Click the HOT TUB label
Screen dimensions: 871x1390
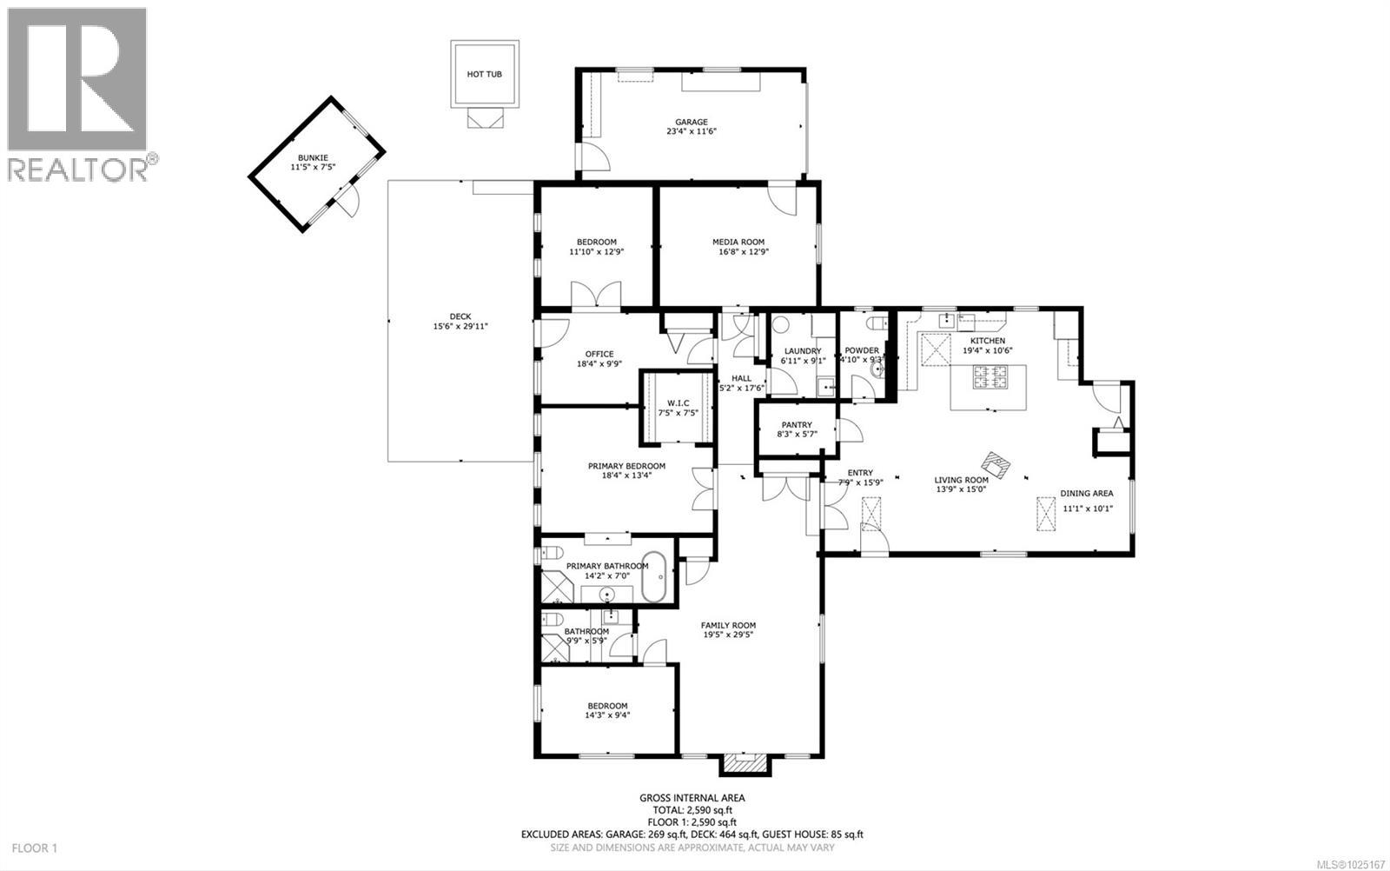pyautogui.click(x=484, y=75)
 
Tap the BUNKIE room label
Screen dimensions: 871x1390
pyautogui.click(x=313, y=157)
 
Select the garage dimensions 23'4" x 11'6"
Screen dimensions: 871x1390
pyautogui.click(x=692, y=132)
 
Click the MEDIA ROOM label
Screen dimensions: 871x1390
pyautogui.click(x=738, y=242)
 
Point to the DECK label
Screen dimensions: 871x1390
pyautogui.click(x=460, y=316)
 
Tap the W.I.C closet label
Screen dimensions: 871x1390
pyautogui.click(x=678, y=402)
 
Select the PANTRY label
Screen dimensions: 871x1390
pyautogui.click(x=796, y=425)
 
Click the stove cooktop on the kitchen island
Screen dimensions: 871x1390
pyautogui.click(x=990, y=377)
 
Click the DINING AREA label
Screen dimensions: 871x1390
pyautogui.click(x=1086, y=493)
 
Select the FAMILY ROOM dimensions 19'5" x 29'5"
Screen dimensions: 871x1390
pyautogui.click(x=728, y=635)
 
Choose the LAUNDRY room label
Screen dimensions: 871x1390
pyautogui.click(x=802, y=351)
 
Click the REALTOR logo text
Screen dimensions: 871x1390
pyautogui.click(x=78, y=169)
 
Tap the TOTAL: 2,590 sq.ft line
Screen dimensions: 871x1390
pyautogui.click(x=692, y=809)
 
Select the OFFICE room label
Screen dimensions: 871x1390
pyautogui.click(x=599, y=354)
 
